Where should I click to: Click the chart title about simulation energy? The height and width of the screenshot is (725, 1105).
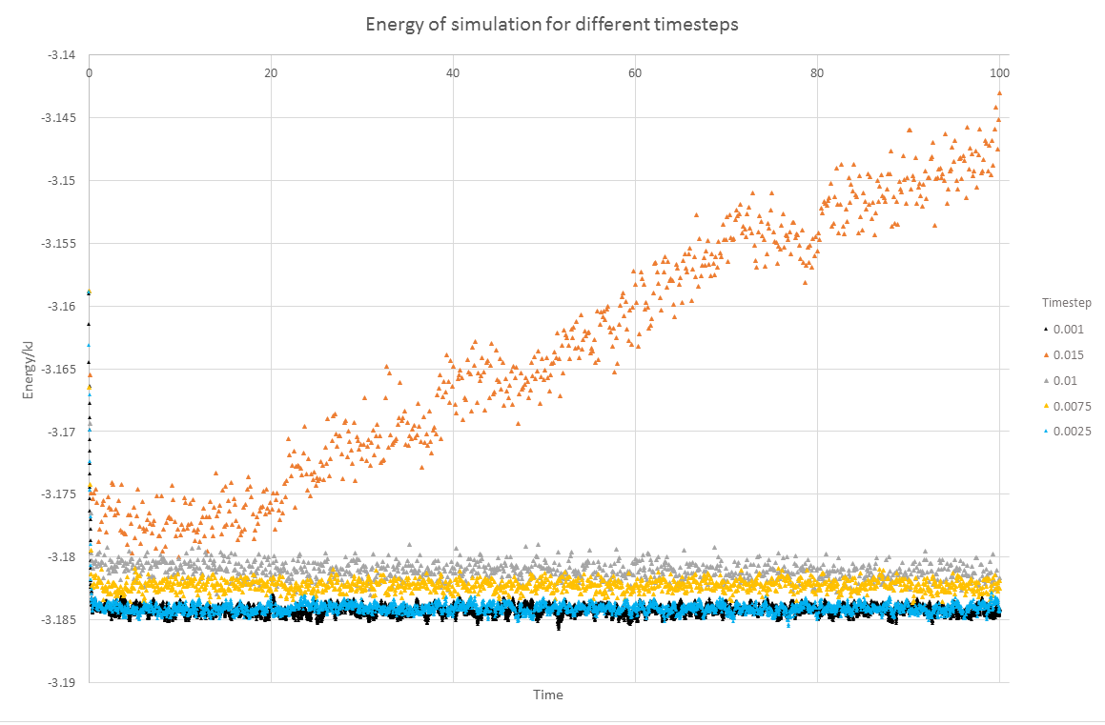(x=552, y=24)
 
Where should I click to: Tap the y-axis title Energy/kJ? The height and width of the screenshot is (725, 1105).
(x=30, y=369)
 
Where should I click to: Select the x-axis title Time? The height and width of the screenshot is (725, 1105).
(x=548, y=695)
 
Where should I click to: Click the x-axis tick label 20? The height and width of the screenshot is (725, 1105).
(x=271, y=72)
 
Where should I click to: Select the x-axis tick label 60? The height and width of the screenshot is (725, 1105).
(x=635, y=72)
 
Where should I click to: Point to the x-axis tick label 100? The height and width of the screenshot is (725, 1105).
(x=999, y=72)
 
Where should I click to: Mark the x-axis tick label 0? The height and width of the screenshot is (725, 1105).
(x=89, y=72)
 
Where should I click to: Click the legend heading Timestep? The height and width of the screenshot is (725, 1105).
(x=1066, y=303)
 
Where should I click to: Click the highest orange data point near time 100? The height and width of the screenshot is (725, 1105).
(x=999, y=93)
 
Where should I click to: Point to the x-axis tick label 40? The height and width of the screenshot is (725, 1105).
(x=453, y=72)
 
